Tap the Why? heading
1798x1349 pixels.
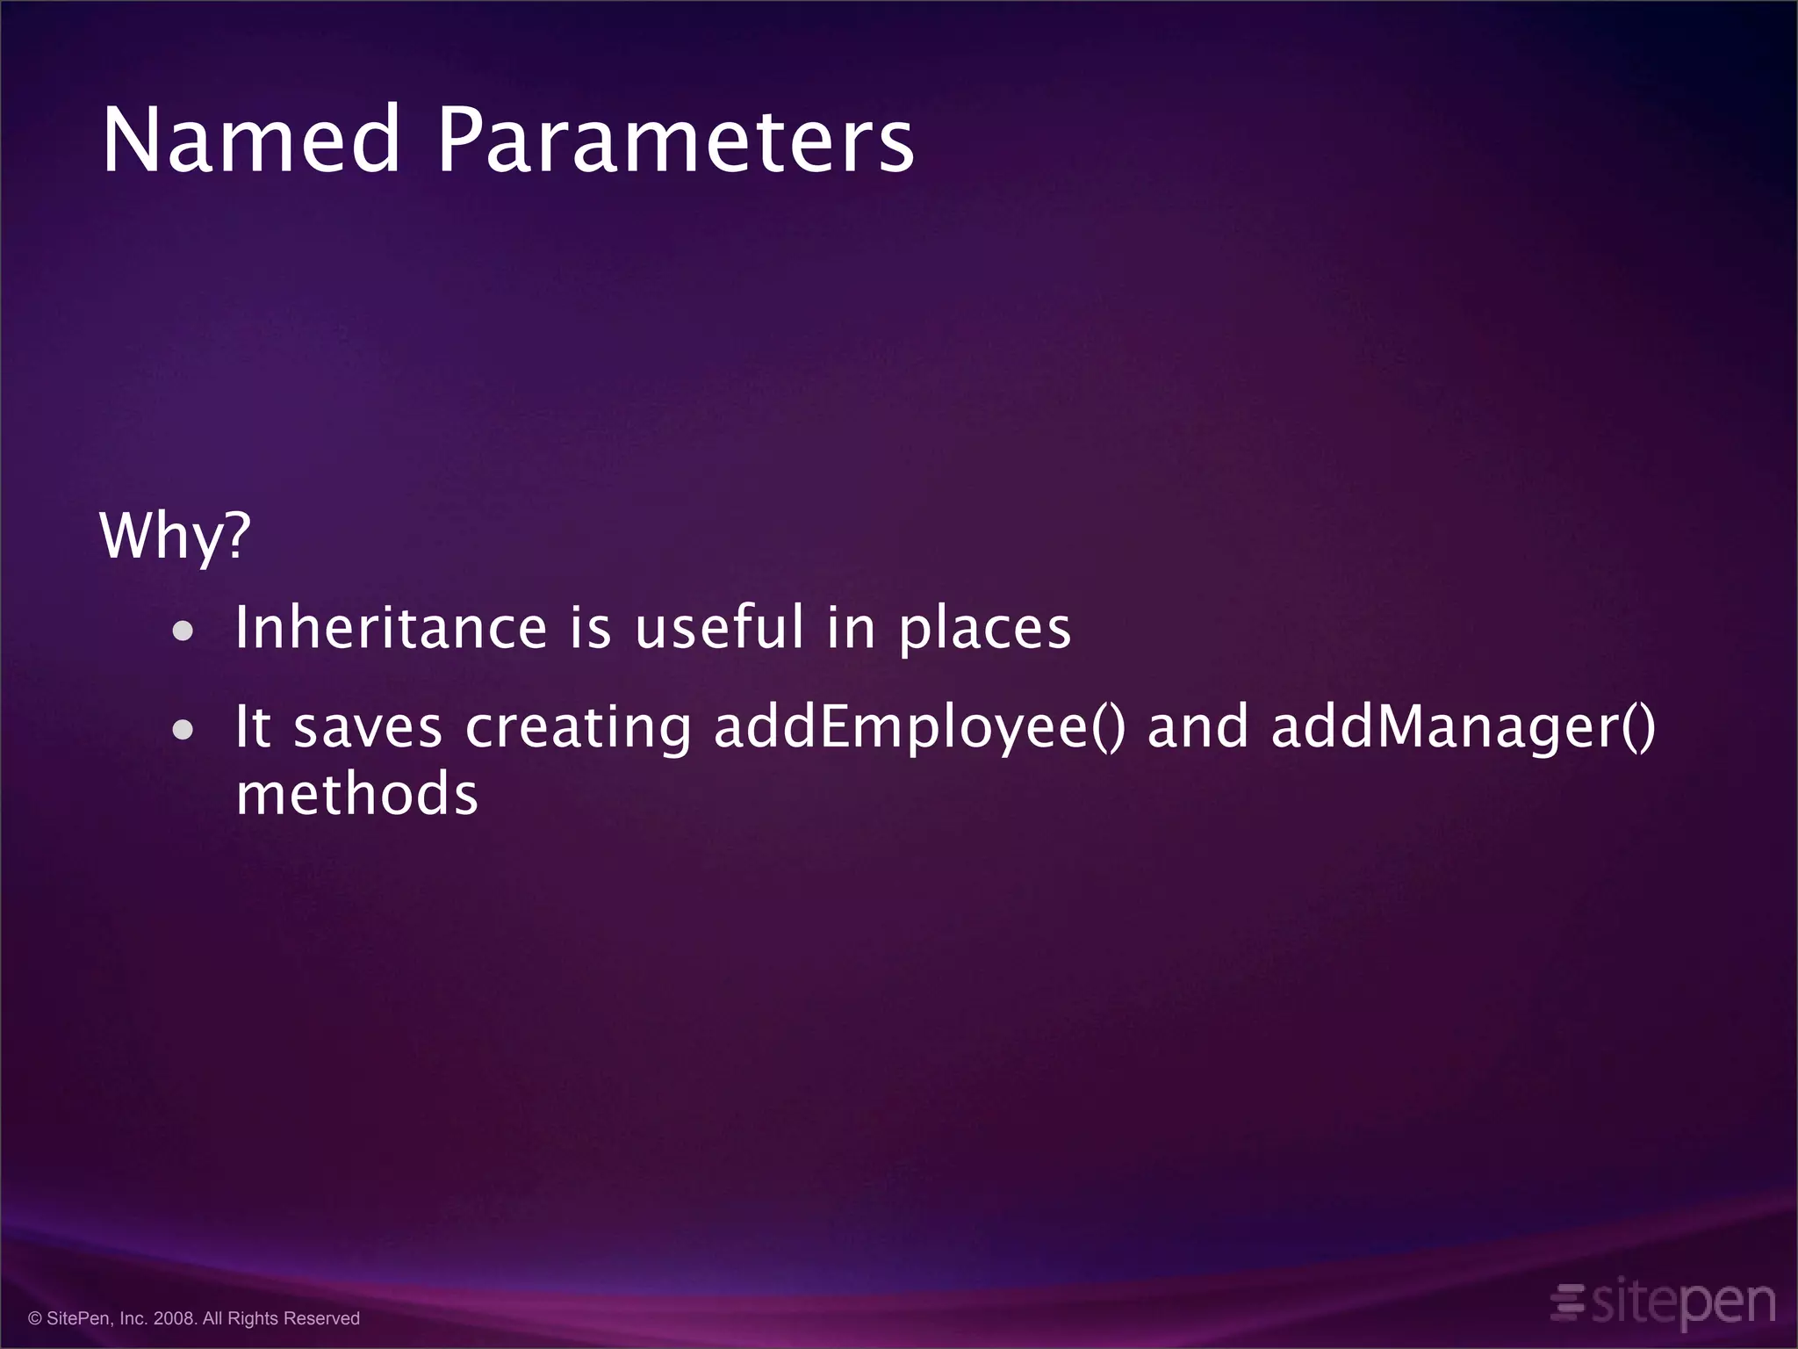(x=176, y=536)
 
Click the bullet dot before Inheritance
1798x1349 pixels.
(x=183, y=631)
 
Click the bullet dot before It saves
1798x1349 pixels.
(x=183, y=729)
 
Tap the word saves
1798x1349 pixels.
(x=368, y=729)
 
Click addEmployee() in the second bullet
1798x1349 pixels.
(x=918, y=729)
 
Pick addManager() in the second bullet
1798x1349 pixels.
(x=1463, y=729)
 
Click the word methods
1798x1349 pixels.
(x=356, y=794)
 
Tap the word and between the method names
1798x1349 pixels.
(x=1197, y=727)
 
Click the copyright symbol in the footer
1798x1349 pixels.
(x=35, y=1318)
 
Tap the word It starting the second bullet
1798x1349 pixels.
(x=253, y=727)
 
